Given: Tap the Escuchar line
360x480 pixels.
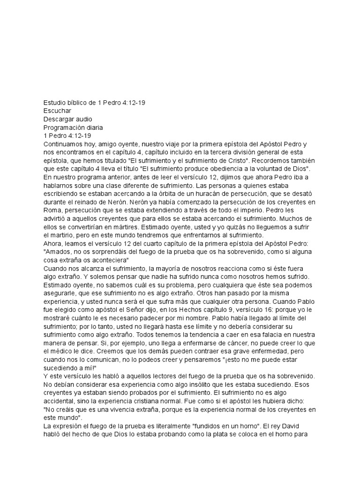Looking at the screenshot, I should pos(57,111).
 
